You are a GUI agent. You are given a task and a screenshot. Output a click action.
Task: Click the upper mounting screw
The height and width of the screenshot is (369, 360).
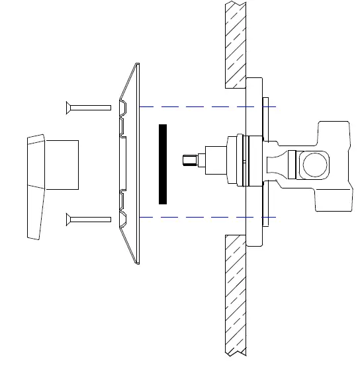click(89, 106)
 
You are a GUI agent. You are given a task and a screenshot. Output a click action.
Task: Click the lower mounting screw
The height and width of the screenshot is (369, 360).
click(89, 218)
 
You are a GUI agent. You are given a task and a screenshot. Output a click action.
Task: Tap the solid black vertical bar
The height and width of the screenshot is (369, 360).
click(163, 163)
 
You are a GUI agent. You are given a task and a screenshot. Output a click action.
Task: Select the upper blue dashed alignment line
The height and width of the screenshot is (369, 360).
click(199, 106)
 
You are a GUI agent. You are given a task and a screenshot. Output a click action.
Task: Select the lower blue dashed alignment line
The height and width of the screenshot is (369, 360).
click(199, 217)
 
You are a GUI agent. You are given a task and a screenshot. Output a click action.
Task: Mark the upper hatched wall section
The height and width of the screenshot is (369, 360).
click(235, 44)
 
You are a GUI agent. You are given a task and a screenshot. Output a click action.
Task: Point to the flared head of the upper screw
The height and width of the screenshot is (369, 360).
click(68, 106)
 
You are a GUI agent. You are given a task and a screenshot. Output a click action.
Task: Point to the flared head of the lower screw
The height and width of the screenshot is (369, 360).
click(68, 218)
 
